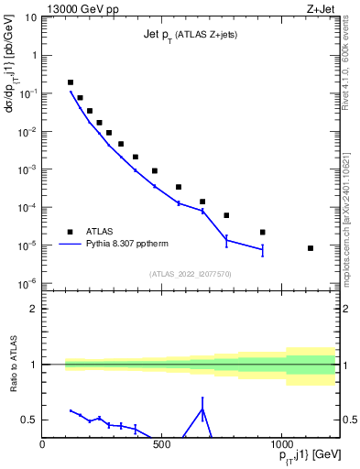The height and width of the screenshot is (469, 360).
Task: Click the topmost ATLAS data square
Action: [x=71, y=82]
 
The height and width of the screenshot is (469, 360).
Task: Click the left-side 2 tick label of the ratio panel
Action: [x=34, y=309]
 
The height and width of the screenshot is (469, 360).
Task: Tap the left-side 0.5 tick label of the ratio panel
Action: [x=30, y=420]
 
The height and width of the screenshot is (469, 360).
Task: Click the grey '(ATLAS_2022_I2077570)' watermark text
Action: [x=190, y=273]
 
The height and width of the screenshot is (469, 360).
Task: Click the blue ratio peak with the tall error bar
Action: [x=202, y=409]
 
